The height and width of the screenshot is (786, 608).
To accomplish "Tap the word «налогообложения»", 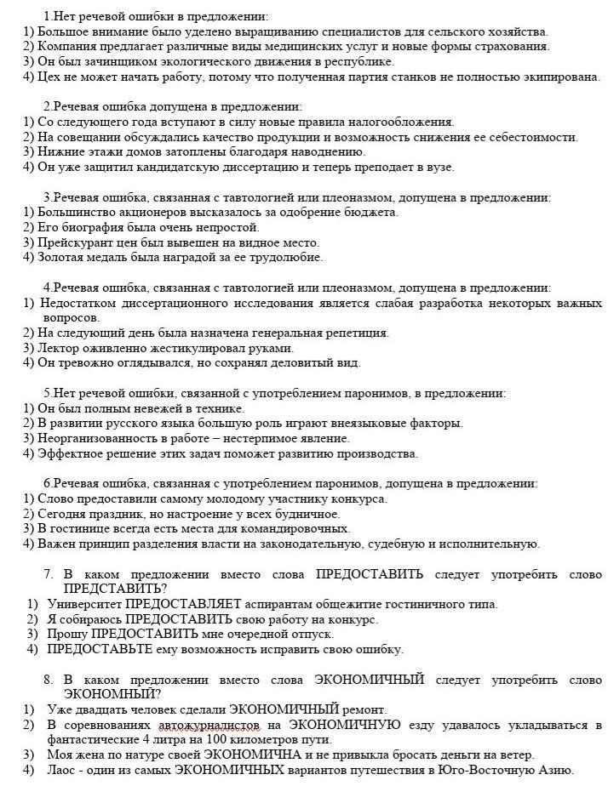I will pos(401,122).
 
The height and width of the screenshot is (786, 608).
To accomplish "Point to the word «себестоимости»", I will pos(536,137).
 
